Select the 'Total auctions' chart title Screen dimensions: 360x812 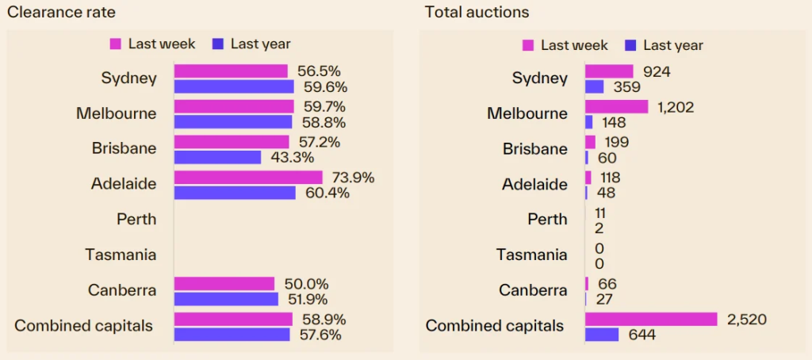click(x=477, y=12)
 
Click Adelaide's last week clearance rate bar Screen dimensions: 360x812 click(x=248, y=178)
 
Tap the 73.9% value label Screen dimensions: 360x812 click(x=351, y=178)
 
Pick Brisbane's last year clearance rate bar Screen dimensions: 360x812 click(x=217, y=157)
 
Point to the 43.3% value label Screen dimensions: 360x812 click(x=289, y=157)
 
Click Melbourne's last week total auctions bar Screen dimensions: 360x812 click(x=616, y=106)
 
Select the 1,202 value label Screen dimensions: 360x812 click(x=675, y=106)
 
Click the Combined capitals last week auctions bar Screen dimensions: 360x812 click(x=651, y=319)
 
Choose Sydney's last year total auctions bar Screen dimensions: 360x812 click(x=595, y=86)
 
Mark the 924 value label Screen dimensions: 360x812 click(x=657, y=71)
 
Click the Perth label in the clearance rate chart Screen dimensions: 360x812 click(x=136, y=219)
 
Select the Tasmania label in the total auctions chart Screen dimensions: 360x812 click(x=531, y=255)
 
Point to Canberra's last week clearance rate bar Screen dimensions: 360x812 click(x=224, y=284)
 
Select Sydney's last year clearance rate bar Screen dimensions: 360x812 click(x=233, y=86)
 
